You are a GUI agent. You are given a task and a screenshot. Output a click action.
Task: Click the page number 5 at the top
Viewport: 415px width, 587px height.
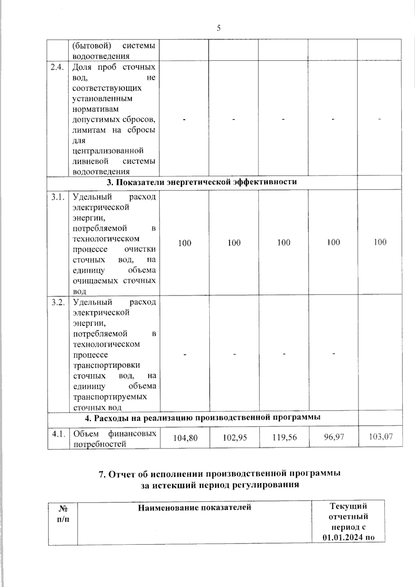tap(219, 28)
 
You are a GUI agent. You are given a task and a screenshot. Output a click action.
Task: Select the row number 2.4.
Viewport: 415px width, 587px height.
tap(57, 67)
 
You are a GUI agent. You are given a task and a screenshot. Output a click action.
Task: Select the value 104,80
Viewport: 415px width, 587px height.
tap(185, 438)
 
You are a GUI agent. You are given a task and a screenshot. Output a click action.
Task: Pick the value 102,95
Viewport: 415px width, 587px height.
tap(234, 438)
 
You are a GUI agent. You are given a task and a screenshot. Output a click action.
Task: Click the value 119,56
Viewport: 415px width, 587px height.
tap(284, 437)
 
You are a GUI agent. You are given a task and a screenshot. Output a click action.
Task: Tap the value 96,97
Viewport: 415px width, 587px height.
tap(333, 437)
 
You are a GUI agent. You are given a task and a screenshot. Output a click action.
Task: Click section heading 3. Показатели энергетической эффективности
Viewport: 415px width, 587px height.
tap(202, 182)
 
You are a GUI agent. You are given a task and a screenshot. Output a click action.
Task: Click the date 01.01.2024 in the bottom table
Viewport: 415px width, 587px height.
tap(341, 538)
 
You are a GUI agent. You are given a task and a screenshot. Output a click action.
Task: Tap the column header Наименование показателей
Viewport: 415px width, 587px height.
tap(194, 508)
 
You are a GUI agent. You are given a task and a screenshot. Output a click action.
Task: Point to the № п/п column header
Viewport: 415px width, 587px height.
tap(63, 514)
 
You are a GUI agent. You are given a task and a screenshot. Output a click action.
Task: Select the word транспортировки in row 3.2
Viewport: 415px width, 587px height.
tap(107, 365)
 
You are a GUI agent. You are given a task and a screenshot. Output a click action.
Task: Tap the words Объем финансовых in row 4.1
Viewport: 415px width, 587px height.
tap(114, 434)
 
